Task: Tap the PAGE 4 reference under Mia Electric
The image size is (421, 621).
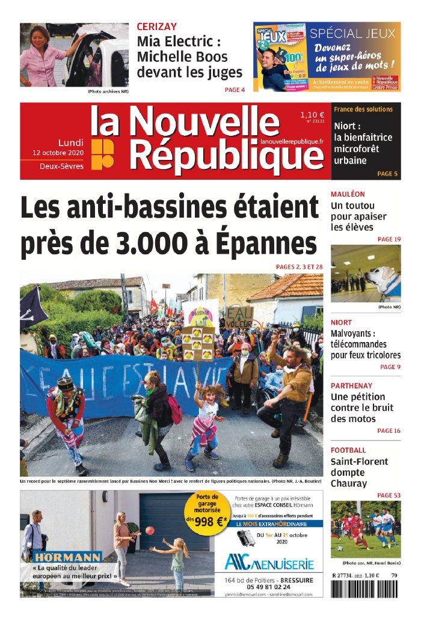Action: point(235,90)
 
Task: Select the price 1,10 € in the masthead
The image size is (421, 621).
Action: point(312,114)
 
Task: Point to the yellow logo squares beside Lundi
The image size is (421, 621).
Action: point(102,153)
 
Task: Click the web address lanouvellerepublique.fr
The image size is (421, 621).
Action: point(292,141)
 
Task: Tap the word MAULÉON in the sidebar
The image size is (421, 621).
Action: point(348,194)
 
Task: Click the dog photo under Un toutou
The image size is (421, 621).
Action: point(366,274)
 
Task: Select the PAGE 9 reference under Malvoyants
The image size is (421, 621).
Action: point(390,367)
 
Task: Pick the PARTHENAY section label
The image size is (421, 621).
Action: point(352,385)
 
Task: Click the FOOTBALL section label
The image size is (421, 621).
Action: point(348,450)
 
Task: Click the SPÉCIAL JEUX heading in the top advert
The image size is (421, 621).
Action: point(352,34)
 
